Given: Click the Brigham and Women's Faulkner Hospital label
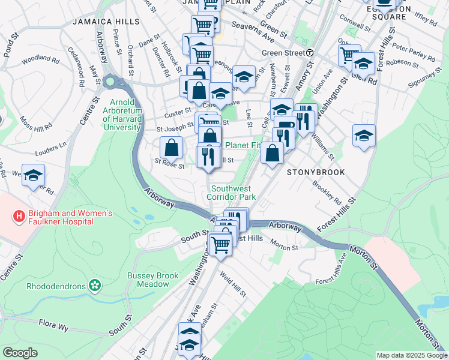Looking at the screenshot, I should (x=62, y=217).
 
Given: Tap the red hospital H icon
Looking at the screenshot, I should (x=19, y=214).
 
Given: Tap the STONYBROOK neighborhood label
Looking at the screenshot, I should (x=316, y=172).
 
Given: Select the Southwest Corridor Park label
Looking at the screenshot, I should (x=231, y=193).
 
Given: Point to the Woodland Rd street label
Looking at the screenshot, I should (x=40, y=59).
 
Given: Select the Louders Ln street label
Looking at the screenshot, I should (x=52, y=146).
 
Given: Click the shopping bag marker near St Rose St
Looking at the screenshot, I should (x=172, y=148).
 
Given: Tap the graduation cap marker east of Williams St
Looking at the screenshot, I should (x=364, y=136).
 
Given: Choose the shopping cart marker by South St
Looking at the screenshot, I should (x=221, y=244).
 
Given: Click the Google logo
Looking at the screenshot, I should (x=20, y=353).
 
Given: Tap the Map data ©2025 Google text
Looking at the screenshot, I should (x=411, y=355).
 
